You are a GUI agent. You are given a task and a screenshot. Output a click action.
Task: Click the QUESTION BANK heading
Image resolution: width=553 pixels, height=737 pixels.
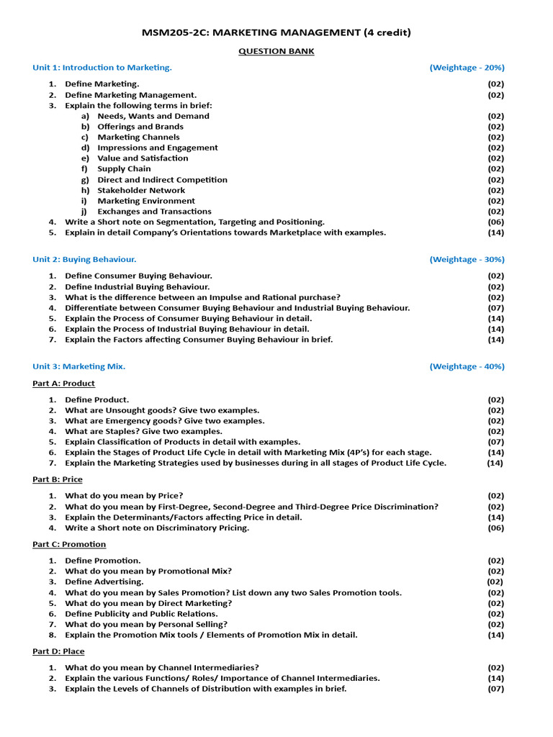pos(276,51)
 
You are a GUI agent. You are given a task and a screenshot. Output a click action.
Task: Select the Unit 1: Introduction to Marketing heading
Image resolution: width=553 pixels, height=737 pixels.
pos(102,68)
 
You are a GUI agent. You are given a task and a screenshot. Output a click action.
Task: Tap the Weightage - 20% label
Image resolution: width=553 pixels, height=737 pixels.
pos(467,68)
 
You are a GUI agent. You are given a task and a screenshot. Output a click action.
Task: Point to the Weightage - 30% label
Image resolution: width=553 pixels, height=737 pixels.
pos(467,259)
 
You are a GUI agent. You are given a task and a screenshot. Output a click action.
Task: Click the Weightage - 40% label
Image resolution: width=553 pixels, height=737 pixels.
pos(467,366)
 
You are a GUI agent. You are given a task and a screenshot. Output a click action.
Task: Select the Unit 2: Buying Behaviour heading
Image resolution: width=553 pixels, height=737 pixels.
pos(84,259)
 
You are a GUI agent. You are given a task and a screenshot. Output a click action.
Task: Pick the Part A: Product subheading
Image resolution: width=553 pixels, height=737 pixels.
pos(63,384)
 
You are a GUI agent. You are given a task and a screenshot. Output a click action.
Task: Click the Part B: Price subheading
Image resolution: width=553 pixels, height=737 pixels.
pos(58,479)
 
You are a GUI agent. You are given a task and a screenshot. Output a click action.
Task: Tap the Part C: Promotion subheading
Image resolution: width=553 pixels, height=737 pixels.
pos(69,544)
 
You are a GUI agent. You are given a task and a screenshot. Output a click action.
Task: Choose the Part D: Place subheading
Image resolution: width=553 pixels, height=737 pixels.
pos(58,651)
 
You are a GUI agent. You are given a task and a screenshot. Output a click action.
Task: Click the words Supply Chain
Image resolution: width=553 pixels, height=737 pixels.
pos(125,169)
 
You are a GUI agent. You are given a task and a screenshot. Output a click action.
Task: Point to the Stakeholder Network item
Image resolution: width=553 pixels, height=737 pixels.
pos(141,191)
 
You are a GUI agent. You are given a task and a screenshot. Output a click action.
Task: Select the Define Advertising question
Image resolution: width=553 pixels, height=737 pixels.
pos(104,582)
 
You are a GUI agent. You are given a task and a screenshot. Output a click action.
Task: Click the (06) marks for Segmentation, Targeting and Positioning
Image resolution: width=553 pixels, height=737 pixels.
pos(495,222)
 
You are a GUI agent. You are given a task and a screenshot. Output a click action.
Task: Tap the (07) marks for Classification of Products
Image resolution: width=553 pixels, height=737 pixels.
pos(495,442)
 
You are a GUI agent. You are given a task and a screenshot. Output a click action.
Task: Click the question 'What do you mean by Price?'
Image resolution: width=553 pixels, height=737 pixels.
pos(124,496)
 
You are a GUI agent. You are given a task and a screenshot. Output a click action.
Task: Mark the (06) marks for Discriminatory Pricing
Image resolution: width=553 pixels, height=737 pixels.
pos(495,528)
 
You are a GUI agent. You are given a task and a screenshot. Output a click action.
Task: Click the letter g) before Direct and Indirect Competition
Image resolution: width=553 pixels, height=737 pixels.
pos(85,180)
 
